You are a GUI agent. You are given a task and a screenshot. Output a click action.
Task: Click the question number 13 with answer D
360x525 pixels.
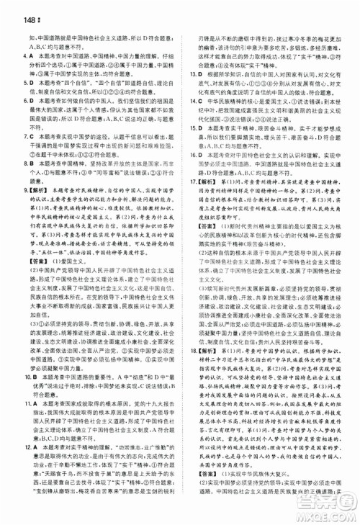tap(190, 73)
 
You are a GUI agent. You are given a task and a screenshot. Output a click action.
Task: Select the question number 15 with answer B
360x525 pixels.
tap(190, 127)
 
